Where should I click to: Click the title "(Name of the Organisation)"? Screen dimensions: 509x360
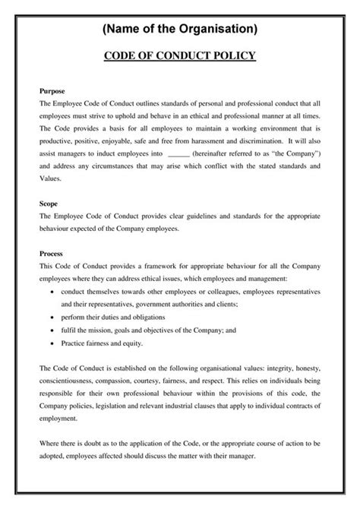coord(179,29)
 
